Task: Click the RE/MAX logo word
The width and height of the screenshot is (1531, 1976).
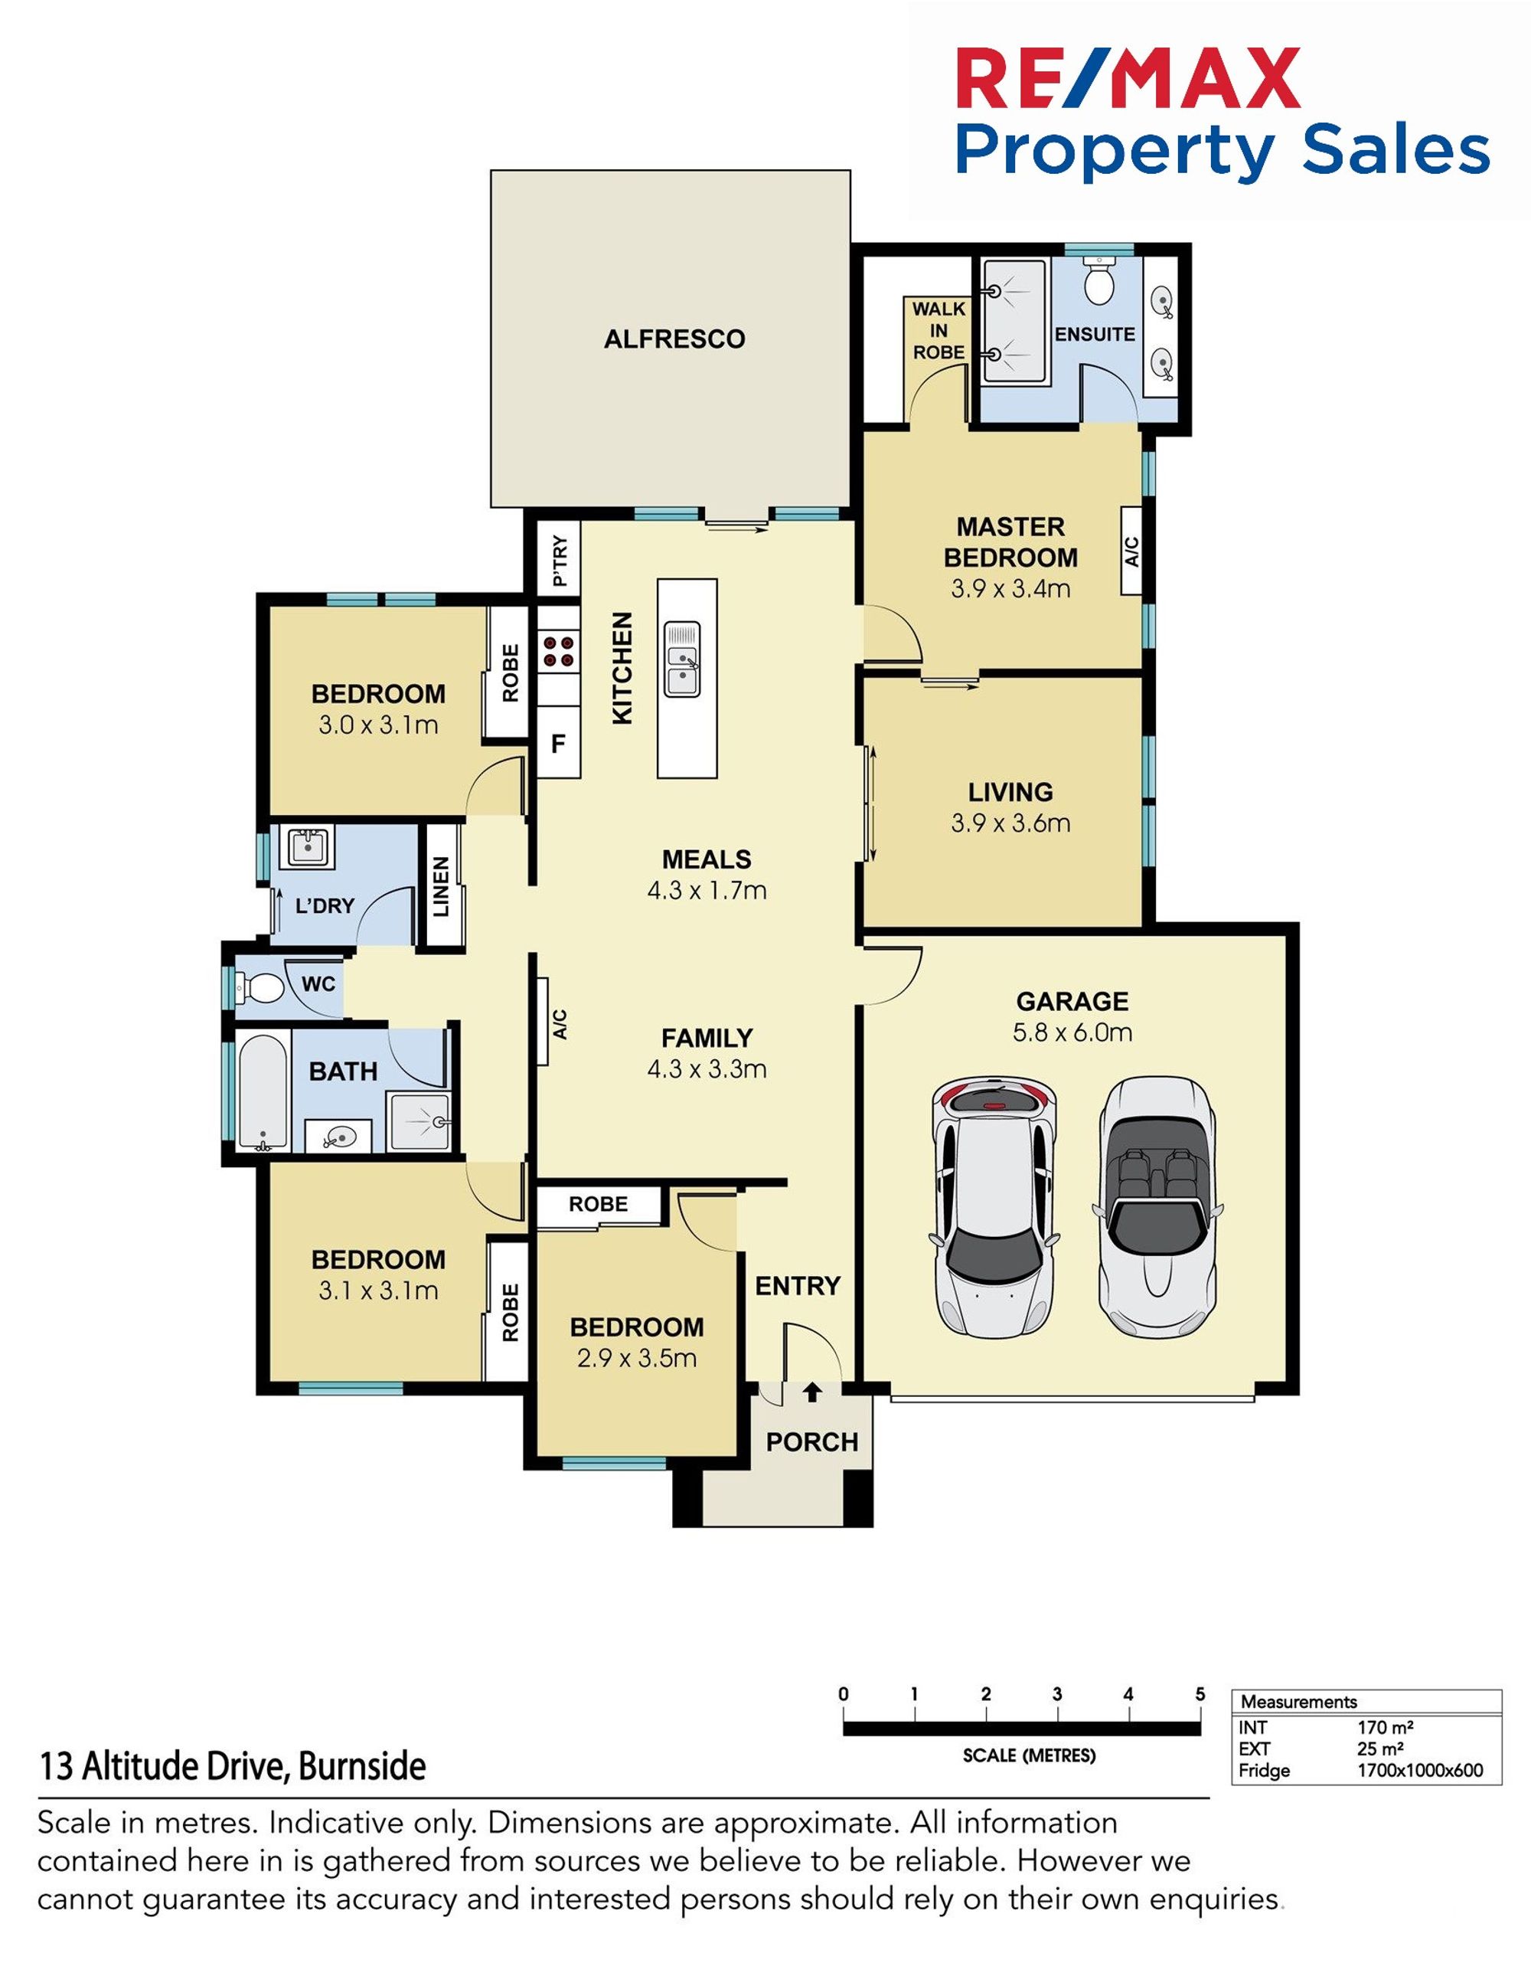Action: click(x=1128, y=79)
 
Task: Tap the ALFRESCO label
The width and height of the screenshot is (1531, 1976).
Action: click(x=674, y=339)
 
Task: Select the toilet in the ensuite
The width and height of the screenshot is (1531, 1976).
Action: click(x=1100, y=280)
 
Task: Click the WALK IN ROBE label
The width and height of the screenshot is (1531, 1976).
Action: click(x=939, y=330)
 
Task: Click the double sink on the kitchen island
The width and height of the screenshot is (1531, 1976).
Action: click(x=683, y=659)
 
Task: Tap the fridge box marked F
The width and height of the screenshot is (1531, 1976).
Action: click(x=559, y=744)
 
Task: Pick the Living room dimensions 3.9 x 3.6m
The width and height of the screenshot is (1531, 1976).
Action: click(x=1010, y=823)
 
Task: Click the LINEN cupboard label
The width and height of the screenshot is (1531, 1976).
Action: click(x=441, y=887)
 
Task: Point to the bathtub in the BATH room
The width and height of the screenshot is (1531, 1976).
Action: click(x=263, y=1093)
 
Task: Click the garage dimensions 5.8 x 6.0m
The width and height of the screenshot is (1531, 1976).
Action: click(x=1072, y=1032)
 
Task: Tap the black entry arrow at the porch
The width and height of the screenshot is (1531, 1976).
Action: click(x=812, y=1392)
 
